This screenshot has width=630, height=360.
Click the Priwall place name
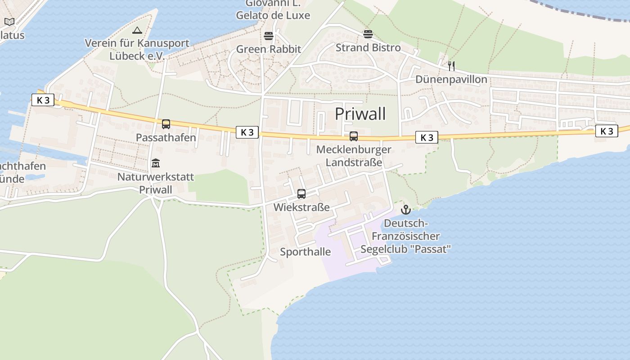(x=360, y=114)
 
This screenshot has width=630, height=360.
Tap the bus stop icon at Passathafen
(x=166, y=124)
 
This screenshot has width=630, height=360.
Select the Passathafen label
(x=166, y=138)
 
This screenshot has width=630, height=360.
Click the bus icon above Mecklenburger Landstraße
(x=354, y=136)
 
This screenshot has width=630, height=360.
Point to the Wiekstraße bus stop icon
(x=301, y=194)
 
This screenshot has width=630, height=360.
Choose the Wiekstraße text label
(x=301, y=207)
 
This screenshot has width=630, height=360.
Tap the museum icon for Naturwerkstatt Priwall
(x=156, y=163)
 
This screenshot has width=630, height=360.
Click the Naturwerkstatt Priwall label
(x=156, y=183)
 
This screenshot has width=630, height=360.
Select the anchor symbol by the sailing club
(x=406, y=210)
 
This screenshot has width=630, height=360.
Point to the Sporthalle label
(x=305, y=252)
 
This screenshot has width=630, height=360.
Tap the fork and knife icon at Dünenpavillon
(x=451, y=66)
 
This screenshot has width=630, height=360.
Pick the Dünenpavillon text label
(x=451, y=80)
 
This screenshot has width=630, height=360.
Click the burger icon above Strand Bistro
(x=368, y=34)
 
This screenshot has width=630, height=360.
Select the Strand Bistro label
(x=368, y=48)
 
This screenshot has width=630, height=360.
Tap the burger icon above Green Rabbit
(x=269, y=36)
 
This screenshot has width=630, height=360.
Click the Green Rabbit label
(x=269, y=49)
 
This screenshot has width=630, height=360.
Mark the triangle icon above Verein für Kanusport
(x=137, y=31)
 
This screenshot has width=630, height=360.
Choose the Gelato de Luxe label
(x=273, y=15)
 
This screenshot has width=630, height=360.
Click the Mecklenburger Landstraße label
(x=354, y=156)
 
